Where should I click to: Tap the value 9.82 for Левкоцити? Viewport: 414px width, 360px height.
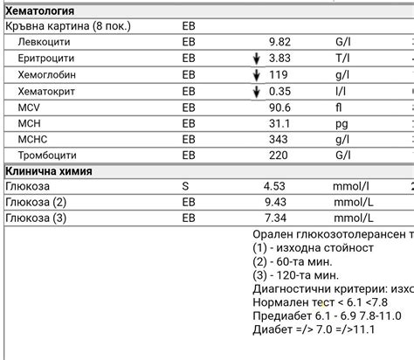[x=279, y=42]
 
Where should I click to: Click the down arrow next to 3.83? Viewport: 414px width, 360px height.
[x=257, y=59]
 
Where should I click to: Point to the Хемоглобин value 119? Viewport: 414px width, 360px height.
[x=278, y=74]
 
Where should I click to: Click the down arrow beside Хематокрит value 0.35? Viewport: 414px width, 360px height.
[x=257, y=91]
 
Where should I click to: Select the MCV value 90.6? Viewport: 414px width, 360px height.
[x=279, y=107]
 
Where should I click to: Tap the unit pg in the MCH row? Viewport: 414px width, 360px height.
[x=342, y=123]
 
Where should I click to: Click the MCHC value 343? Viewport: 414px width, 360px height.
[x=278, y=139]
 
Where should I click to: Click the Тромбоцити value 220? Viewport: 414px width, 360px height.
[x=278, y=155]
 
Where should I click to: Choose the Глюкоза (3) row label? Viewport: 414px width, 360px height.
[x=36, y=218]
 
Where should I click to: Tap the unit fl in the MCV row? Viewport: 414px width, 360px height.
[x=339, y=107]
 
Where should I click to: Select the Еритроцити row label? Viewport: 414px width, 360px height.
[x=46, y=58]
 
